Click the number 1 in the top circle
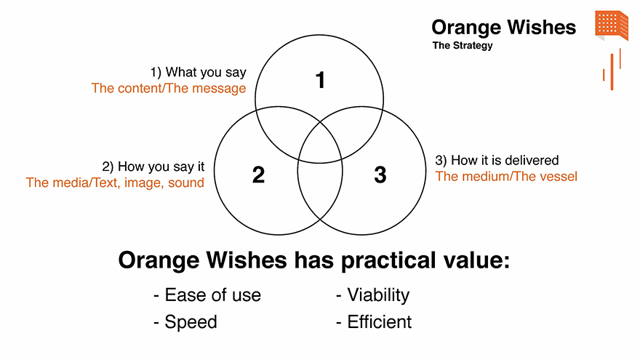(x=321, y=80)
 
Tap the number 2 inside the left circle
(x=258, y=175)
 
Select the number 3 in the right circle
(x=380, y=175)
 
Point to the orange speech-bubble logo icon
(x=612, y=25)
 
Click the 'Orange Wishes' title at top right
(x=504, y=28)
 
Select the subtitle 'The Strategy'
(x=463, y=45)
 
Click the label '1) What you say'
(x=199, y=72)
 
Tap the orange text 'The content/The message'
(x=169, y=88)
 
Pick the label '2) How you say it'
(x=153, y=167)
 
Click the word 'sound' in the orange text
(x=186, y=183)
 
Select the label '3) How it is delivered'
(x=497, y=161)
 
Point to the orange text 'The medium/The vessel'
(x=506, y=176)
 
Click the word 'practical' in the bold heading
(x=388, y=260)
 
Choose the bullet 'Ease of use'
(x=207, y=295)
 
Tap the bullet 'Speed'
(x=185, y=322)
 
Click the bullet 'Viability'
(x=372, y=295)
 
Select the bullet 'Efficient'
(x=374, y=322)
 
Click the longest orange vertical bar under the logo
(x=612, y=72)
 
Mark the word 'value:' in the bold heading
(x=476, y=260)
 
